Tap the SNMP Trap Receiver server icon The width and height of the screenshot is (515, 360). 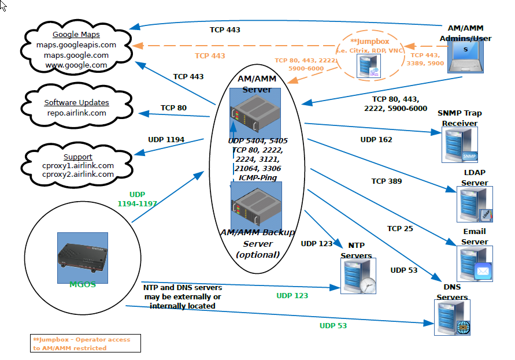(x=460, y=145)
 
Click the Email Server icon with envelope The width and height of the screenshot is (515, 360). (x=475, y=263)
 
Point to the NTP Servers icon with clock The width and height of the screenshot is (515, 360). (x=358, y=276)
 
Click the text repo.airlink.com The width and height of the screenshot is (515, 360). (x=76, y=113)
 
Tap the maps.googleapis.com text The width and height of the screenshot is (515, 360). (x=76, y=44)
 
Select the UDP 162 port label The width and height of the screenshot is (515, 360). (x=376, y=139)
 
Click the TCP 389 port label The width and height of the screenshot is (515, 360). (x=387, y=181)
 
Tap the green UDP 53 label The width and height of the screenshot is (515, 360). (x=333, y=325)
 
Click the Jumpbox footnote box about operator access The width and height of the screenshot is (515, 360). (x=85, y=343)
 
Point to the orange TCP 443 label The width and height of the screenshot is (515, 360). (x=210, y=55)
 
